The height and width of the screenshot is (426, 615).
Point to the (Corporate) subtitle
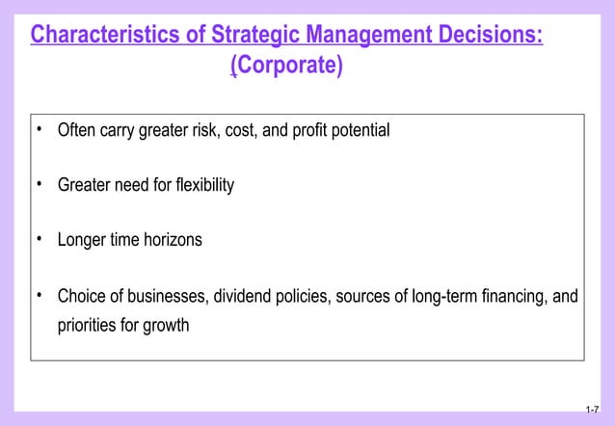coord(286,68)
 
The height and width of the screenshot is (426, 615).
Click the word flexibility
coord(201,185)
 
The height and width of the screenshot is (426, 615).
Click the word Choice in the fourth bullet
coord(81,296)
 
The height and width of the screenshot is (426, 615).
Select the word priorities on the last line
coord(87,325)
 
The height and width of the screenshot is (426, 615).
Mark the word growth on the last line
coord(167,325)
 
